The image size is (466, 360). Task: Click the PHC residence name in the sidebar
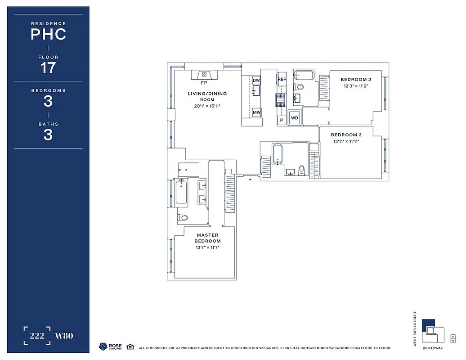[48, 34]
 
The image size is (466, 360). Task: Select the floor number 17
[48, 68]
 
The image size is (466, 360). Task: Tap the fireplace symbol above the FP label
[204, 75]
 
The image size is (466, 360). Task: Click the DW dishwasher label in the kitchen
[256, 81]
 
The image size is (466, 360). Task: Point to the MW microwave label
[256, 112]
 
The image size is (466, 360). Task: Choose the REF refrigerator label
[282, 80]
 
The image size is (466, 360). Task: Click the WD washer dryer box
[295, 118]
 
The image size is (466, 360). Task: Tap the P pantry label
[282, 120]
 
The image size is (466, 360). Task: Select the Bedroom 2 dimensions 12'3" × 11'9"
[356, 86]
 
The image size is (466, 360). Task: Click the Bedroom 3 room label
[346, 135]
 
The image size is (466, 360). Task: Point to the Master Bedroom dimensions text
[207, 247]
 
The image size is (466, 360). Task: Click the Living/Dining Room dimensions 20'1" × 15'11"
[207, 106]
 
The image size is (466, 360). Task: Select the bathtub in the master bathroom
[182, 192]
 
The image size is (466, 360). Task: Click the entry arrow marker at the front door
[250, 180]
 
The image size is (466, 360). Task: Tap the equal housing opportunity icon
[130, 346]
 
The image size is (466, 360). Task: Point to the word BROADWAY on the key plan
[432, 348]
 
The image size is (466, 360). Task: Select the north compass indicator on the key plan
[453, 336]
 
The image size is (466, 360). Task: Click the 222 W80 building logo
[48, 336]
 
